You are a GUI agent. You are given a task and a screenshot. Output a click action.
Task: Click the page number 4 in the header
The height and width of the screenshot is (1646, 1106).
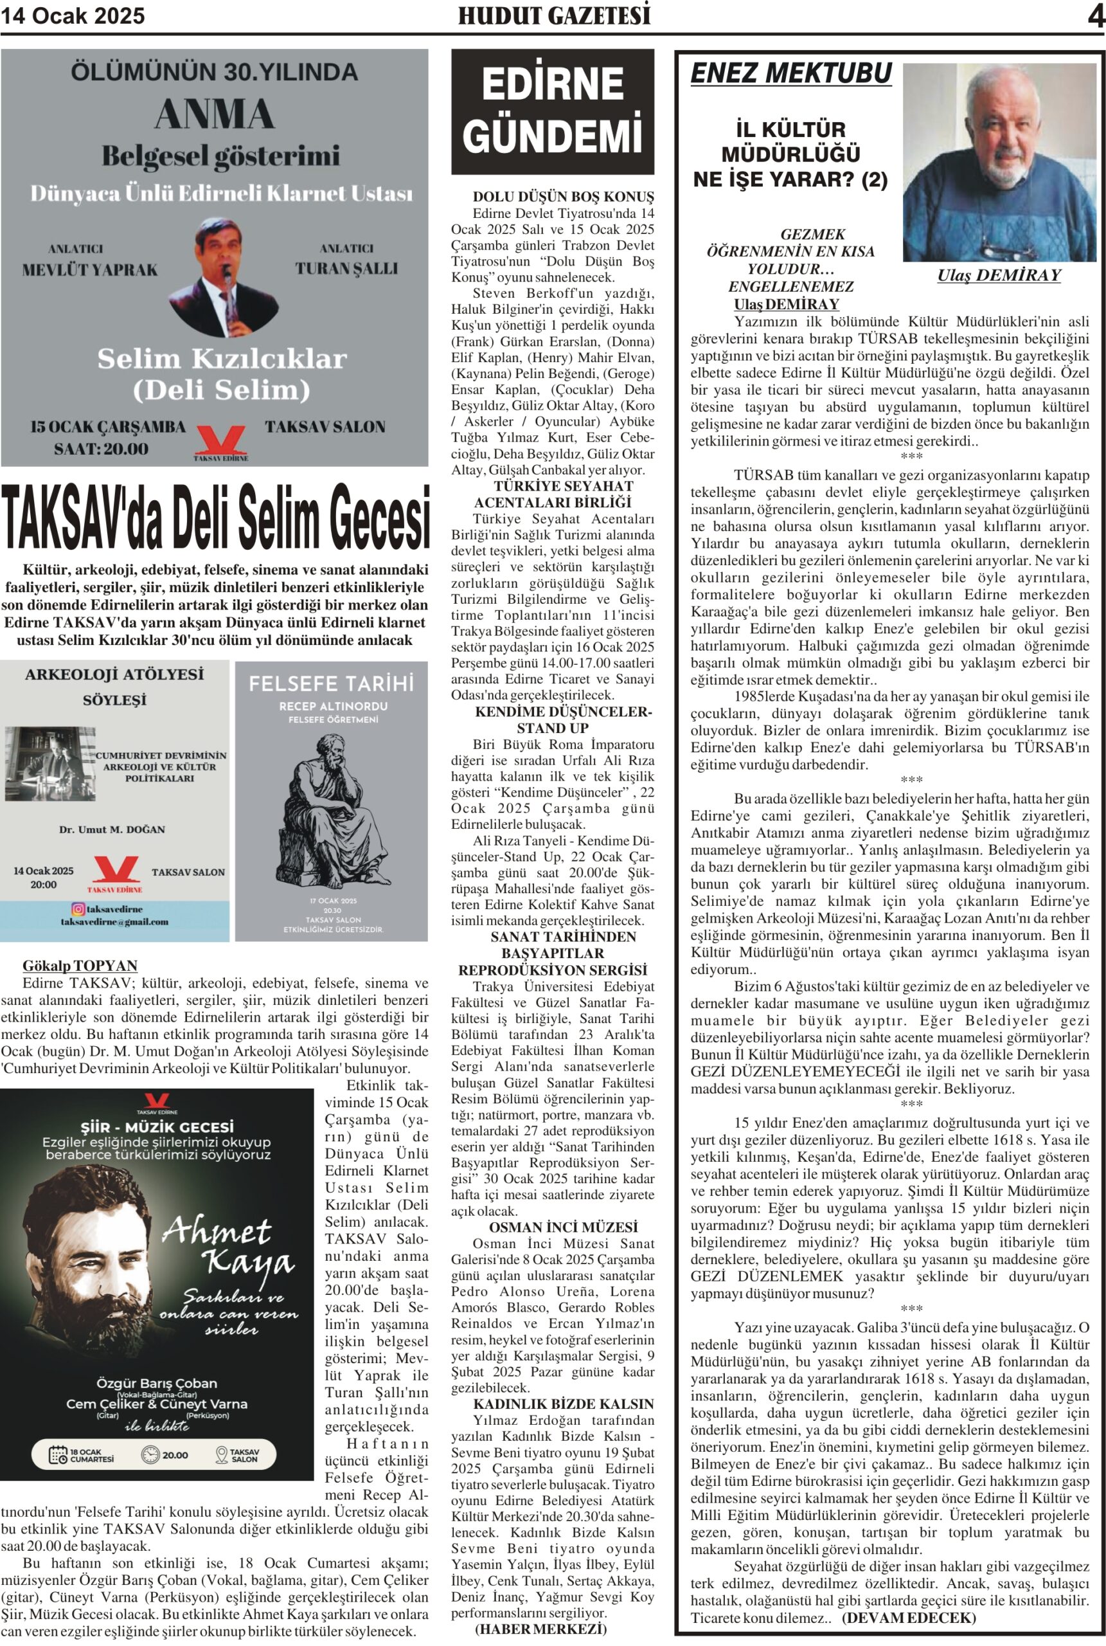click(1096, 16)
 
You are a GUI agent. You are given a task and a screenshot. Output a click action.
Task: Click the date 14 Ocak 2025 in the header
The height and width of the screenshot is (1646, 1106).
click(73, 15)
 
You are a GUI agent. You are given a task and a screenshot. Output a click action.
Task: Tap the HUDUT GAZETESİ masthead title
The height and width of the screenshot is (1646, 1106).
click(554, 15)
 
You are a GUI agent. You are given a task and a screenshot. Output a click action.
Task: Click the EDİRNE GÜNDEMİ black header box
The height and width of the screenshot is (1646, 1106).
click(552, 111)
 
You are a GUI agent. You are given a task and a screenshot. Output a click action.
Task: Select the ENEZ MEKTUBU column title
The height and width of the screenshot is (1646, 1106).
click(790, 73)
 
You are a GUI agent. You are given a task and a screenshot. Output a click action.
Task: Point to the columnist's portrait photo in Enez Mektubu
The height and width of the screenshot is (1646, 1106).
click(999, 162)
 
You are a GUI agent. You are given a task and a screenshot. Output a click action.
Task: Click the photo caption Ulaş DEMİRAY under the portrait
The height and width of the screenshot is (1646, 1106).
click(998, 276)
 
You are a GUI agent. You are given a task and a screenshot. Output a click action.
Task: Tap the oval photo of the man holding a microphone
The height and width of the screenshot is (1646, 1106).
click(223, 277)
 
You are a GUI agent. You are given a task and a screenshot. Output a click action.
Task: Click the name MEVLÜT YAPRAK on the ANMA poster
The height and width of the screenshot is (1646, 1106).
click(89, 270)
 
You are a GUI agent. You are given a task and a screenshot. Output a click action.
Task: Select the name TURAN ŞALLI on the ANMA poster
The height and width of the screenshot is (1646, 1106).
click(346, 269)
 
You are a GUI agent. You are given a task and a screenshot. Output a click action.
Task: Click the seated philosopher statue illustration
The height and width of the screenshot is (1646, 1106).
click(332, 810)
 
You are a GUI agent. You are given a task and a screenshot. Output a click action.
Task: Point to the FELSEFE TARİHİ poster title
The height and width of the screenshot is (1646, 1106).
click(331, 683)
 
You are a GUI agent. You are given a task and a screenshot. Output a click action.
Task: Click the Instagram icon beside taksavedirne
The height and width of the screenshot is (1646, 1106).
click(78, 909)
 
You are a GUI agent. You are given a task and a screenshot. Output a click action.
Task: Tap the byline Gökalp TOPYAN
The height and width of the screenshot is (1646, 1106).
click(80, 965)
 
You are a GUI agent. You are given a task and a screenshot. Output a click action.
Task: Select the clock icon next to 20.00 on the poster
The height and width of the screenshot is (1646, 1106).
click(150, 1455)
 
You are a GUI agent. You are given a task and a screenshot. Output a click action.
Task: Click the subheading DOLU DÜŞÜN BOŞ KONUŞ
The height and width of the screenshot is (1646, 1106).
click(563, 197)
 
